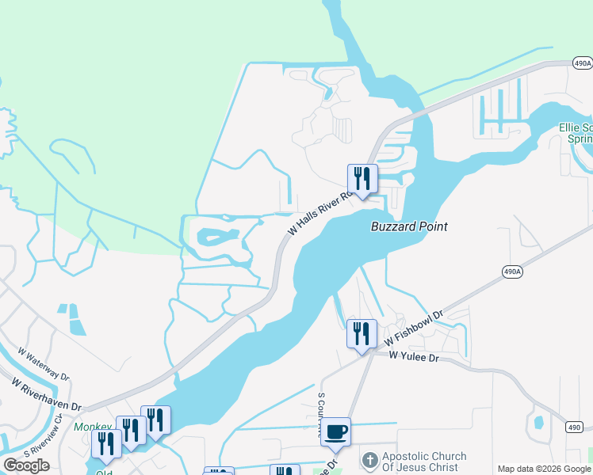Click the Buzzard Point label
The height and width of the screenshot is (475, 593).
tap(410, 226)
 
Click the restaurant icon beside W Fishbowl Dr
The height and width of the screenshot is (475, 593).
tap(362, 334)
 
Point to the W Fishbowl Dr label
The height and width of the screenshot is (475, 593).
tap(413, 328)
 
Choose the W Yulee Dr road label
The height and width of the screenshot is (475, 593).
tap(413, 357)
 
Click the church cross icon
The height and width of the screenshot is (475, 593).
tap(369, 460)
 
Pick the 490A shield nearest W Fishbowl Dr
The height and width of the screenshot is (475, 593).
tap(512, 272)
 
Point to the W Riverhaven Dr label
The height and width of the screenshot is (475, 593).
tap(46, 393)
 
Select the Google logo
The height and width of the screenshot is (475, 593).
tap(26, 465)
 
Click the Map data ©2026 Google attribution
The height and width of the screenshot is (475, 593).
tap(544, 469)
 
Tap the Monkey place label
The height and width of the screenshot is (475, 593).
tap(94, 427)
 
